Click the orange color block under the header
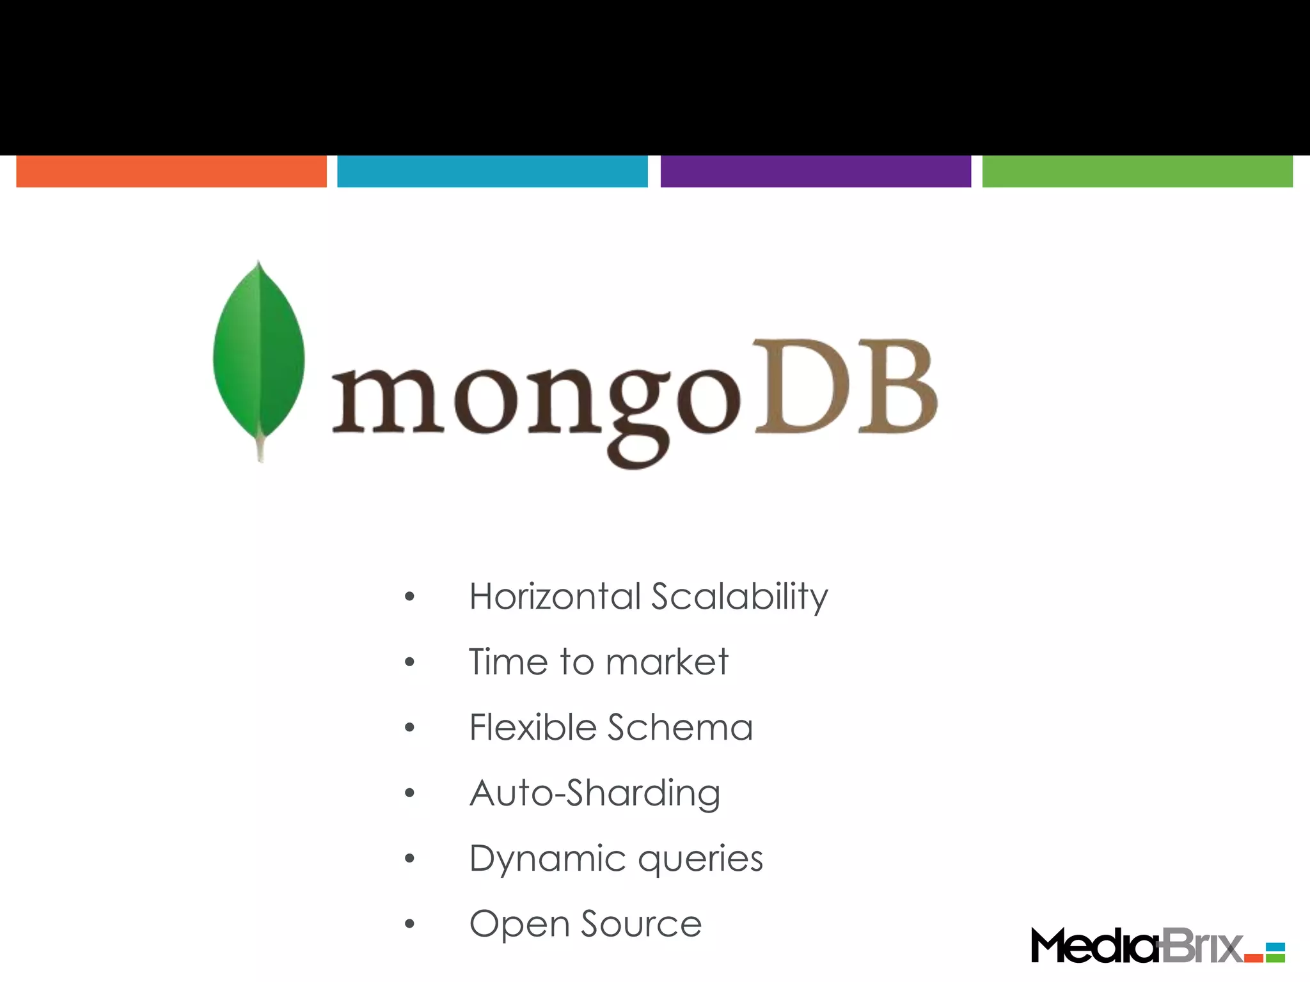tap(171, 171)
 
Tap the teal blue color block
tap(493, 171)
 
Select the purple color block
tap(816, 171)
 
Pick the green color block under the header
tap(1137, 171)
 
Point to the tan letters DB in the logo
tap(846, 389)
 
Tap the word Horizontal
tap(555, 596)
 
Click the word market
tap(667, 662)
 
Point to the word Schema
tap(680, 728)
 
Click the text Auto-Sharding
tap(595, 794)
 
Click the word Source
tap(641, 924)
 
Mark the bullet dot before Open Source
tap(410, 924)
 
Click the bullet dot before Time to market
tap(410, 662)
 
